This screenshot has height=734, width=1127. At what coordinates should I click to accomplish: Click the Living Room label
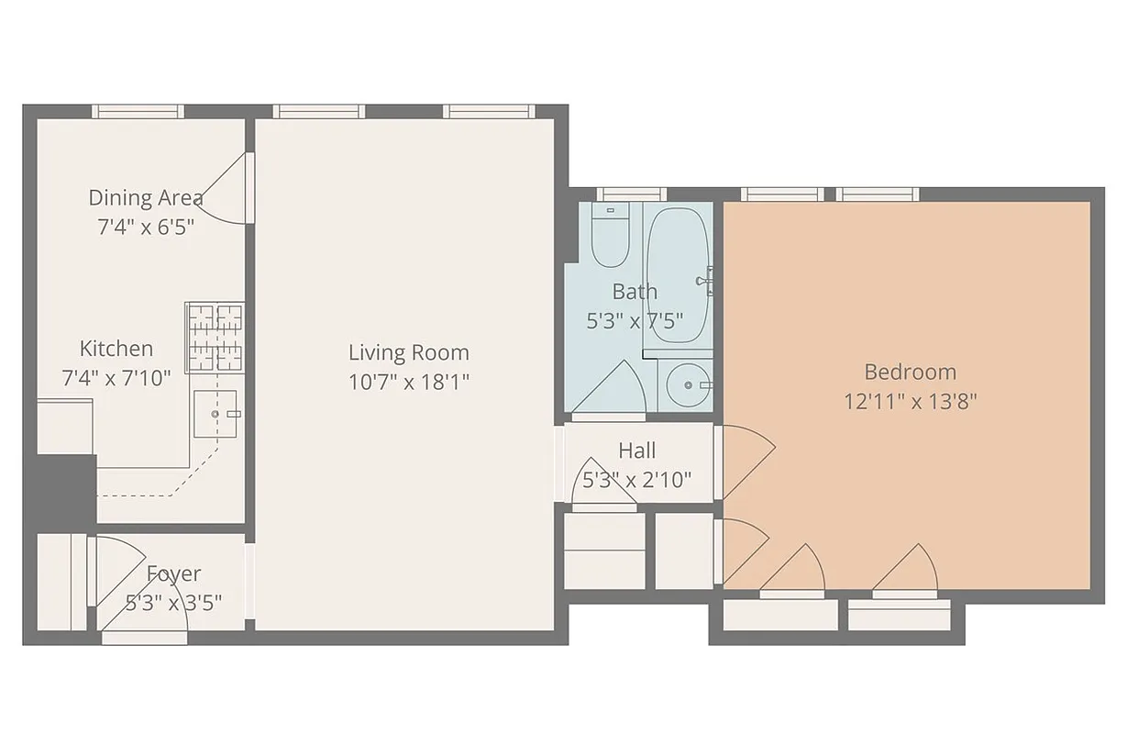408,352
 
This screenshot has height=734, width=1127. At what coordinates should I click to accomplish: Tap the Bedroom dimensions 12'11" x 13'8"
911,401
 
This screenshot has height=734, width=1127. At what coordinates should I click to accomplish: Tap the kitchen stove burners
215,338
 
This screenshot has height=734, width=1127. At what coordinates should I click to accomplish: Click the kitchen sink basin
215,414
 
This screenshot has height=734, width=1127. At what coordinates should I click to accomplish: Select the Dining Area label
146,197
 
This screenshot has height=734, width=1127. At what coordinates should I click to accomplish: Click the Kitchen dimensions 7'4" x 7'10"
116,377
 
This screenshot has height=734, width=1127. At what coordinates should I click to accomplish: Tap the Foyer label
173,573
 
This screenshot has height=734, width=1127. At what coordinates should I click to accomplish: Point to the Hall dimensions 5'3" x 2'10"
636,479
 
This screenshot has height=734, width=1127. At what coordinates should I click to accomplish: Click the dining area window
138,112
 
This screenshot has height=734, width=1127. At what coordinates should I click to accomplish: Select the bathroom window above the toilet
630,194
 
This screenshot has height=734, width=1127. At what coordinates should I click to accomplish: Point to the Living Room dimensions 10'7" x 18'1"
408,382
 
